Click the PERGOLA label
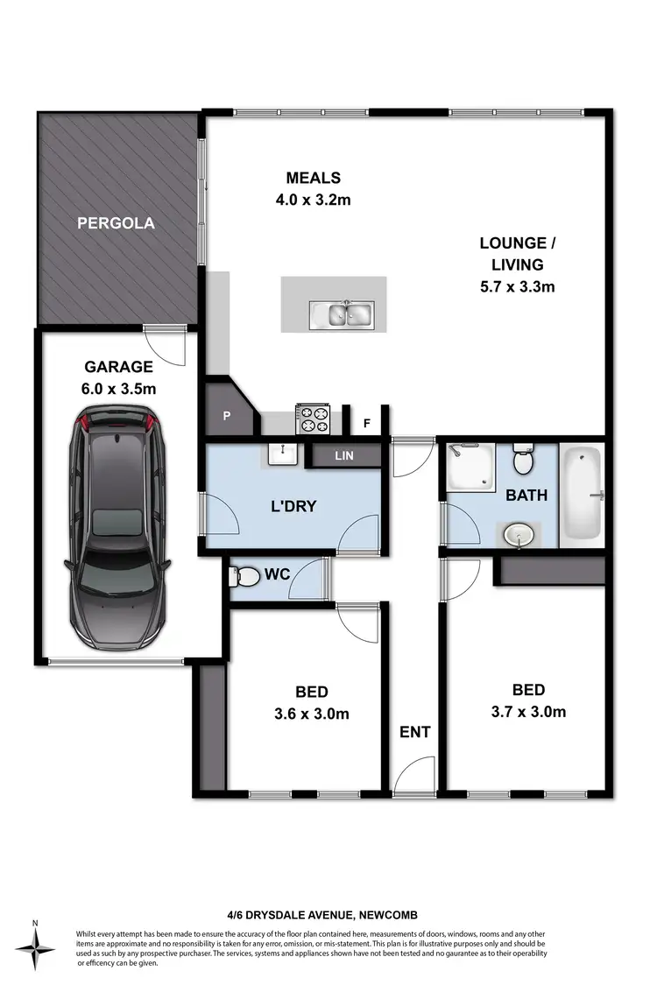[116, 223]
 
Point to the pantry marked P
[226, 417]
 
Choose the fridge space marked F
[366, 424]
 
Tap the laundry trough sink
[283, 454]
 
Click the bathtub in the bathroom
[583, 496]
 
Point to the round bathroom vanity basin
[518, 534]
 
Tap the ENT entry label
[414, 732]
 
